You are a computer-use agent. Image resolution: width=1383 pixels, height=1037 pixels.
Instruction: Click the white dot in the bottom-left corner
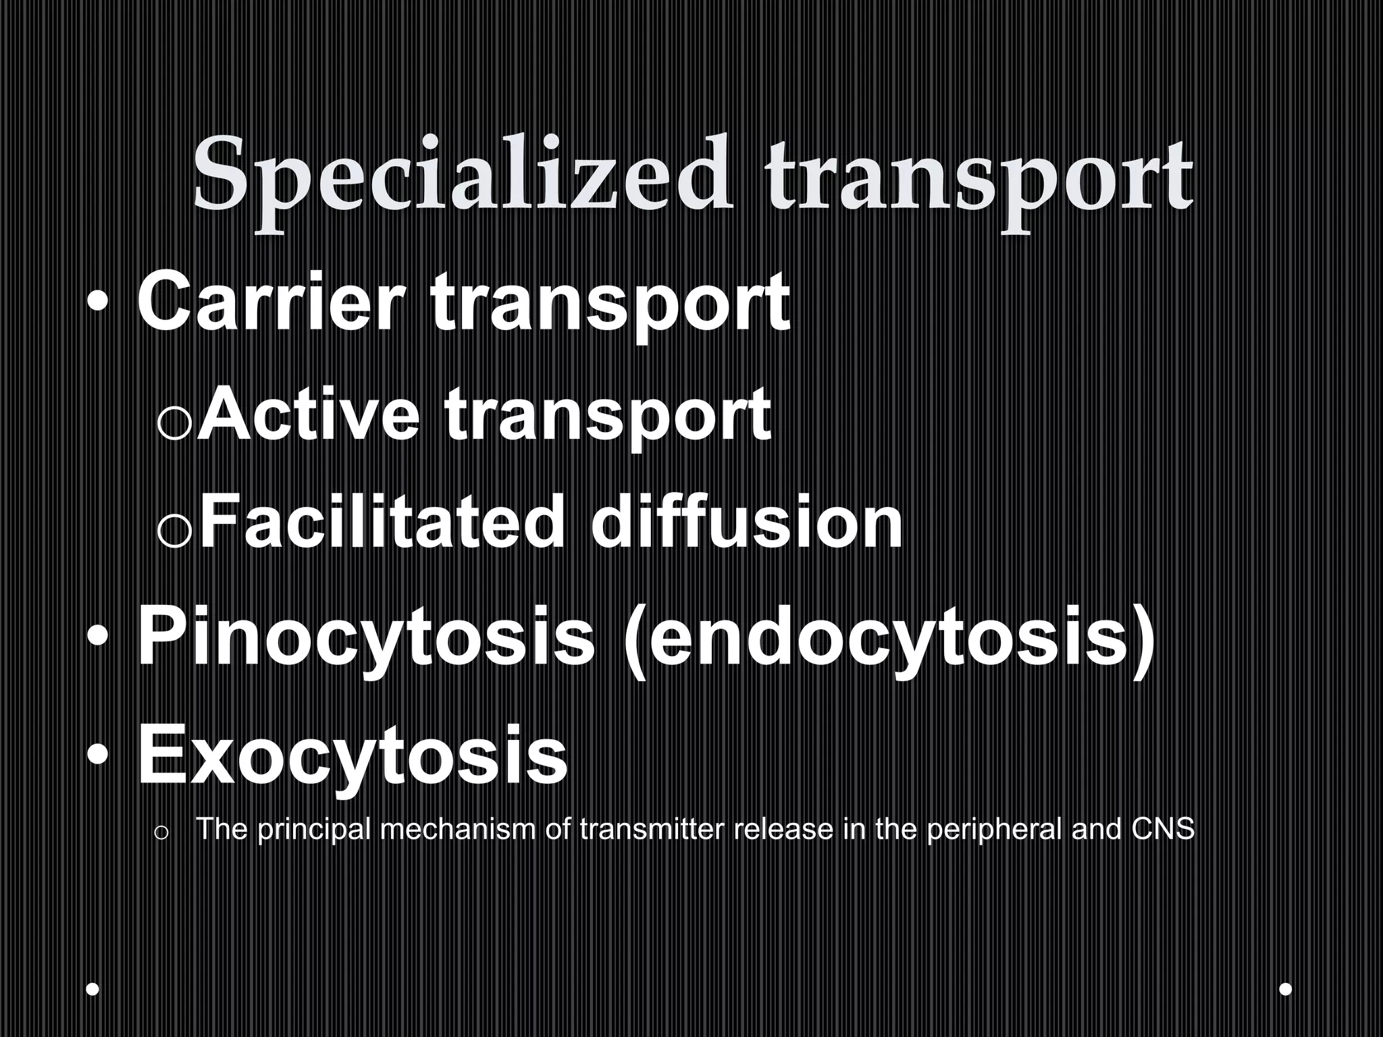[93, 990]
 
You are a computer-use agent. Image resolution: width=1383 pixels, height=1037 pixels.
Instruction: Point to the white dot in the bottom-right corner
[1286, 990]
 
